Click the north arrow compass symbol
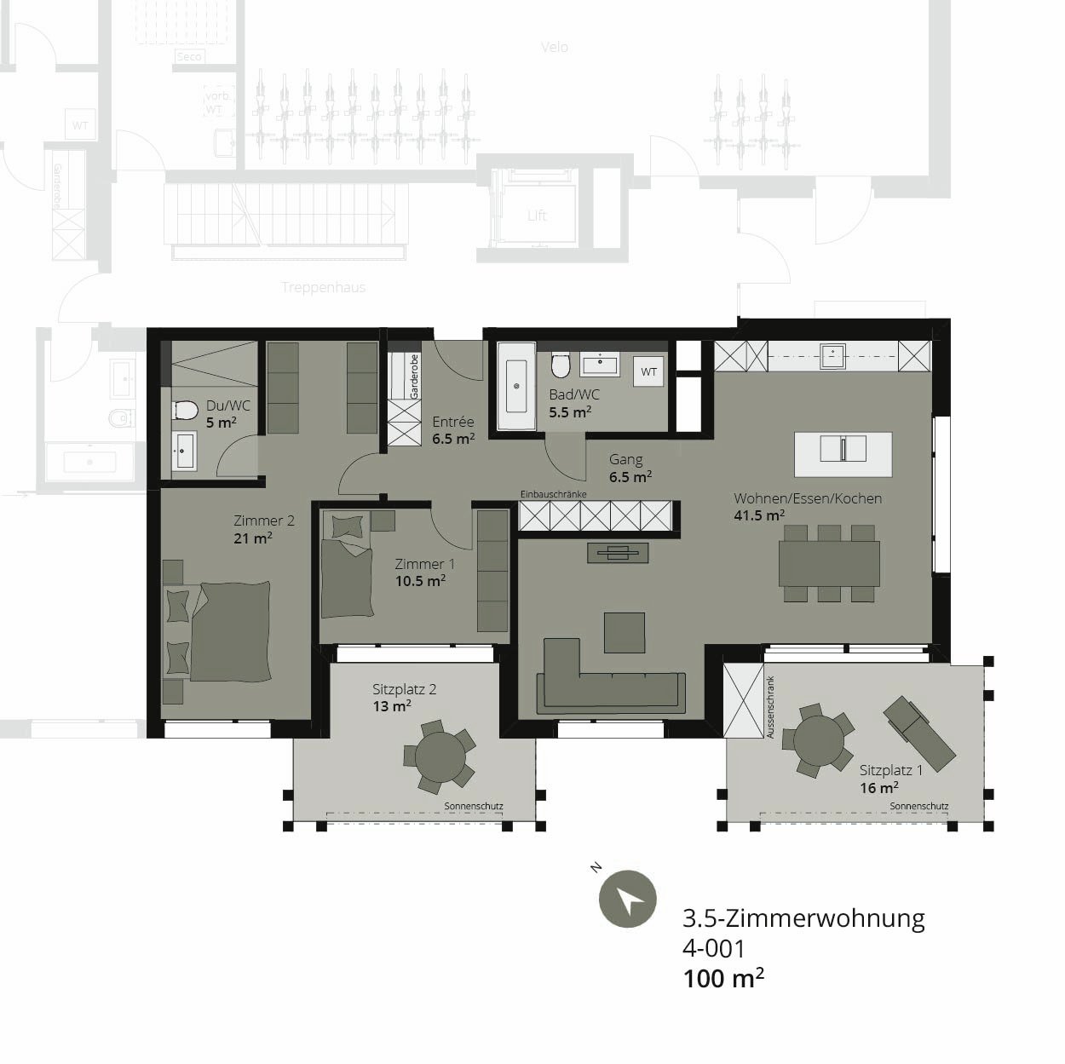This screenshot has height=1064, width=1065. click(627, 899)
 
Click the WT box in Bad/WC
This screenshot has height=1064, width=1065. click(649, 371)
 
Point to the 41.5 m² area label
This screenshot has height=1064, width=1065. click(759, 515)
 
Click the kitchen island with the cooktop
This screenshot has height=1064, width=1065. click(843, 454)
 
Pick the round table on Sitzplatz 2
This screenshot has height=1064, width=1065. click(439, 754)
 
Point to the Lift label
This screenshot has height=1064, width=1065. click(537, 216)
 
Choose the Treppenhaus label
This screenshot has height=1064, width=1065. click(323, 287)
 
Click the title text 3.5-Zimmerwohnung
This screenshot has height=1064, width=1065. click(803, 918)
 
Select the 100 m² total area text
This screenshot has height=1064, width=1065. click(723, 978)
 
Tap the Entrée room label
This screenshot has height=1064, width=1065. click(452, 422)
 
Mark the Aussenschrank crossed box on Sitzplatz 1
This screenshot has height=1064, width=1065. click(743, 700)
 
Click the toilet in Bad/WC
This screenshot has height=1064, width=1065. click(560, 366)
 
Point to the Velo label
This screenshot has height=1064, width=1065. click(554, 47)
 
